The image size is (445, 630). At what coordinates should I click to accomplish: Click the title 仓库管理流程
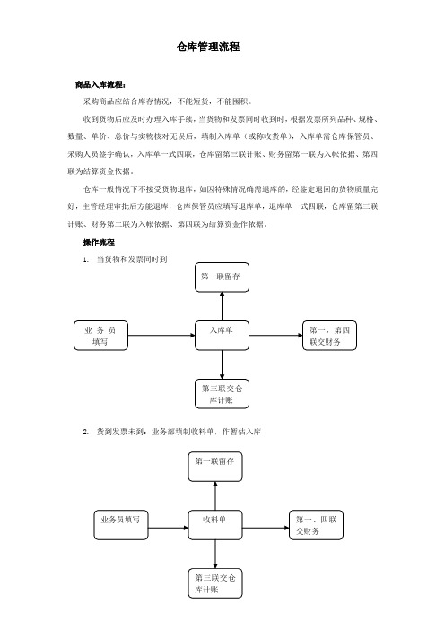pyautogui.click(x=208, y=47)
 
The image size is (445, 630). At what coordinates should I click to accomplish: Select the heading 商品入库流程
pyautogui.click(x=100, y=84)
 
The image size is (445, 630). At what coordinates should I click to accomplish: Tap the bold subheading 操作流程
pyautogui.click(x=99, y=242)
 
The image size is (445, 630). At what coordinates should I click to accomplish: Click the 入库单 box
pyautogui.click(x=222, y=335)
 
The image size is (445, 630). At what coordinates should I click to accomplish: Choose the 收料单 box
pyautogui.click(x=215, y=525)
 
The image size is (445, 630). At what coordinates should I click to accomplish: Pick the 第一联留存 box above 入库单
pyautogui.click(x=222, y=276)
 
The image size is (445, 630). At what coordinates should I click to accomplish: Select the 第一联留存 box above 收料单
pyautogui.click(x=215, y=467)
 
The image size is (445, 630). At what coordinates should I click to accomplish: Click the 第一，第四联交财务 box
pyautogui.click(x=329, y=335)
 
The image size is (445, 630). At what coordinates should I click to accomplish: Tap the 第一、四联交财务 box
pyautogui.click(x=316, y=525)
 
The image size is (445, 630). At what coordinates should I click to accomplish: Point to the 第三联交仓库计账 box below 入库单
pyautogui.click(x=222, y=394)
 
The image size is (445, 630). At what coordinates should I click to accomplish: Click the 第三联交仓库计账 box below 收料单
pyautogui.click(x=215, y=583)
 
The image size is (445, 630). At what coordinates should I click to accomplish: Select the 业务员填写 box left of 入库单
pyautogui.click(x=100, y=335)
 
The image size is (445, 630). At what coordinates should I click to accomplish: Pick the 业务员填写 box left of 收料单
pyautogui.click(x=121, y=525)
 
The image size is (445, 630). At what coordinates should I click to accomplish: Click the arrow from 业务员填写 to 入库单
pyautogui.click(x=161, y=335)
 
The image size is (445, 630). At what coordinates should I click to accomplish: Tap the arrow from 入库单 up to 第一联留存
pyautogui.click(x=222, y=306)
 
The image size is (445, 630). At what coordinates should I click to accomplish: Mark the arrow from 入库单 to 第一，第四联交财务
pyautogui.click(x=276, y=335)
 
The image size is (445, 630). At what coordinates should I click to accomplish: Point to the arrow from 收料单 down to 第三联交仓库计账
pyautogui.click(x=215, y=554)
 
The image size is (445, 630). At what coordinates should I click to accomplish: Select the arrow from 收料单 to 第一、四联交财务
pyautogui.click(x=266, y=528)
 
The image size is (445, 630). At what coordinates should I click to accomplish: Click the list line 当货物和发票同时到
pyautogui.click(x=125, y=259)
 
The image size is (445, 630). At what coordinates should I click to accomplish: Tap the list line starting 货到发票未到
pyautogui.click(x=172, y=432)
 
